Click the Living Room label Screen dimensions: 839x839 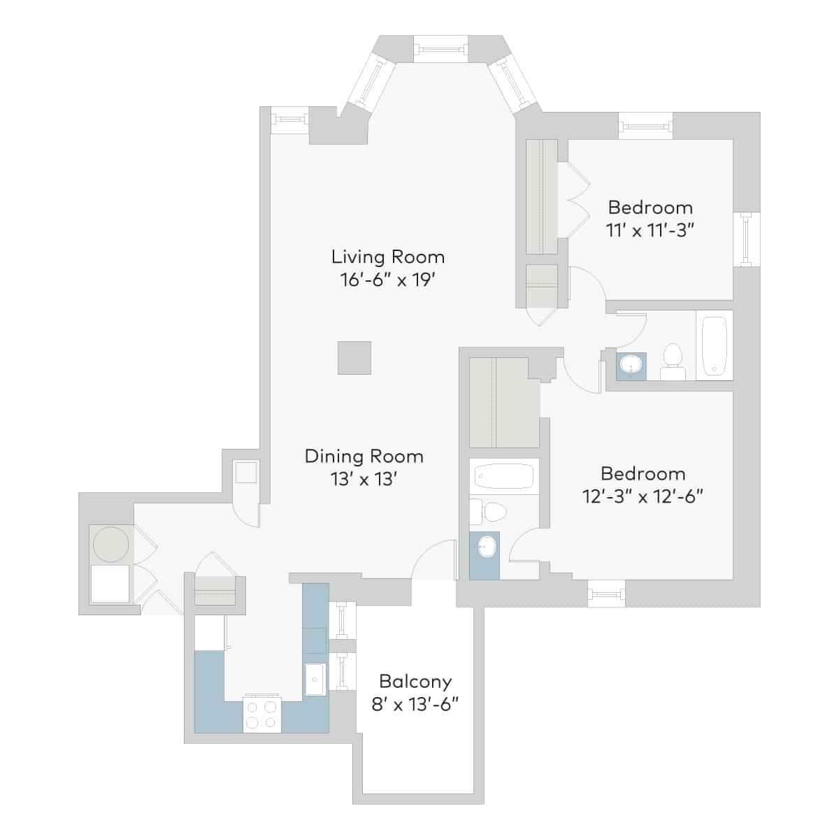pos(388,257)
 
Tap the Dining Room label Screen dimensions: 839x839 pos(364,457)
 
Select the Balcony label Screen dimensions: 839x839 pos(415,681)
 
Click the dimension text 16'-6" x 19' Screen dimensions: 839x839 pos(388,280)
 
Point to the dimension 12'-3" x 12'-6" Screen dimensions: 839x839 pos(642,496)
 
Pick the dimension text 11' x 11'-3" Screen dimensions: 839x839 pos(650,230)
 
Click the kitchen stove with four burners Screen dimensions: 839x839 pos(261,714)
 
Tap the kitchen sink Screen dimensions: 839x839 pos(315,679)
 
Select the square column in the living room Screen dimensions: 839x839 pos(354,357)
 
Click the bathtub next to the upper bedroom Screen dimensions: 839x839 pos(715,345)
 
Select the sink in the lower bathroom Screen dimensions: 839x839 pos(485,547)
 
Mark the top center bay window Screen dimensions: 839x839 pos(440,49)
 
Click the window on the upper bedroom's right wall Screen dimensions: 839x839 pos(747,238)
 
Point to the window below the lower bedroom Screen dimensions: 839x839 pos(606,594)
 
